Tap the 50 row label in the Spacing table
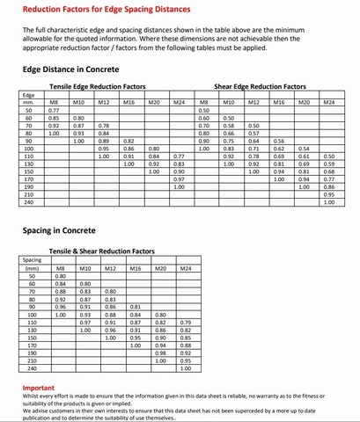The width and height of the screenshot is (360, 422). pos(33,276)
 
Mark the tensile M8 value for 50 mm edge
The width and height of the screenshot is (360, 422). pos(54,110)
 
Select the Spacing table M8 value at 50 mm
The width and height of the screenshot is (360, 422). pos(60,276)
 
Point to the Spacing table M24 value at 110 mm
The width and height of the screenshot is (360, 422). pos(187,323)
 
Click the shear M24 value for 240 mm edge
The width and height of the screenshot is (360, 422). pos(329,201)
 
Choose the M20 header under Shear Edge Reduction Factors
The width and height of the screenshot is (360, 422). pos(304,103)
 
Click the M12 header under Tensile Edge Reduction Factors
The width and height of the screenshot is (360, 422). pos(104,103)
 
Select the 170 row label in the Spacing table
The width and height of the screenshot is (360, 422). pos(33,345)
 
